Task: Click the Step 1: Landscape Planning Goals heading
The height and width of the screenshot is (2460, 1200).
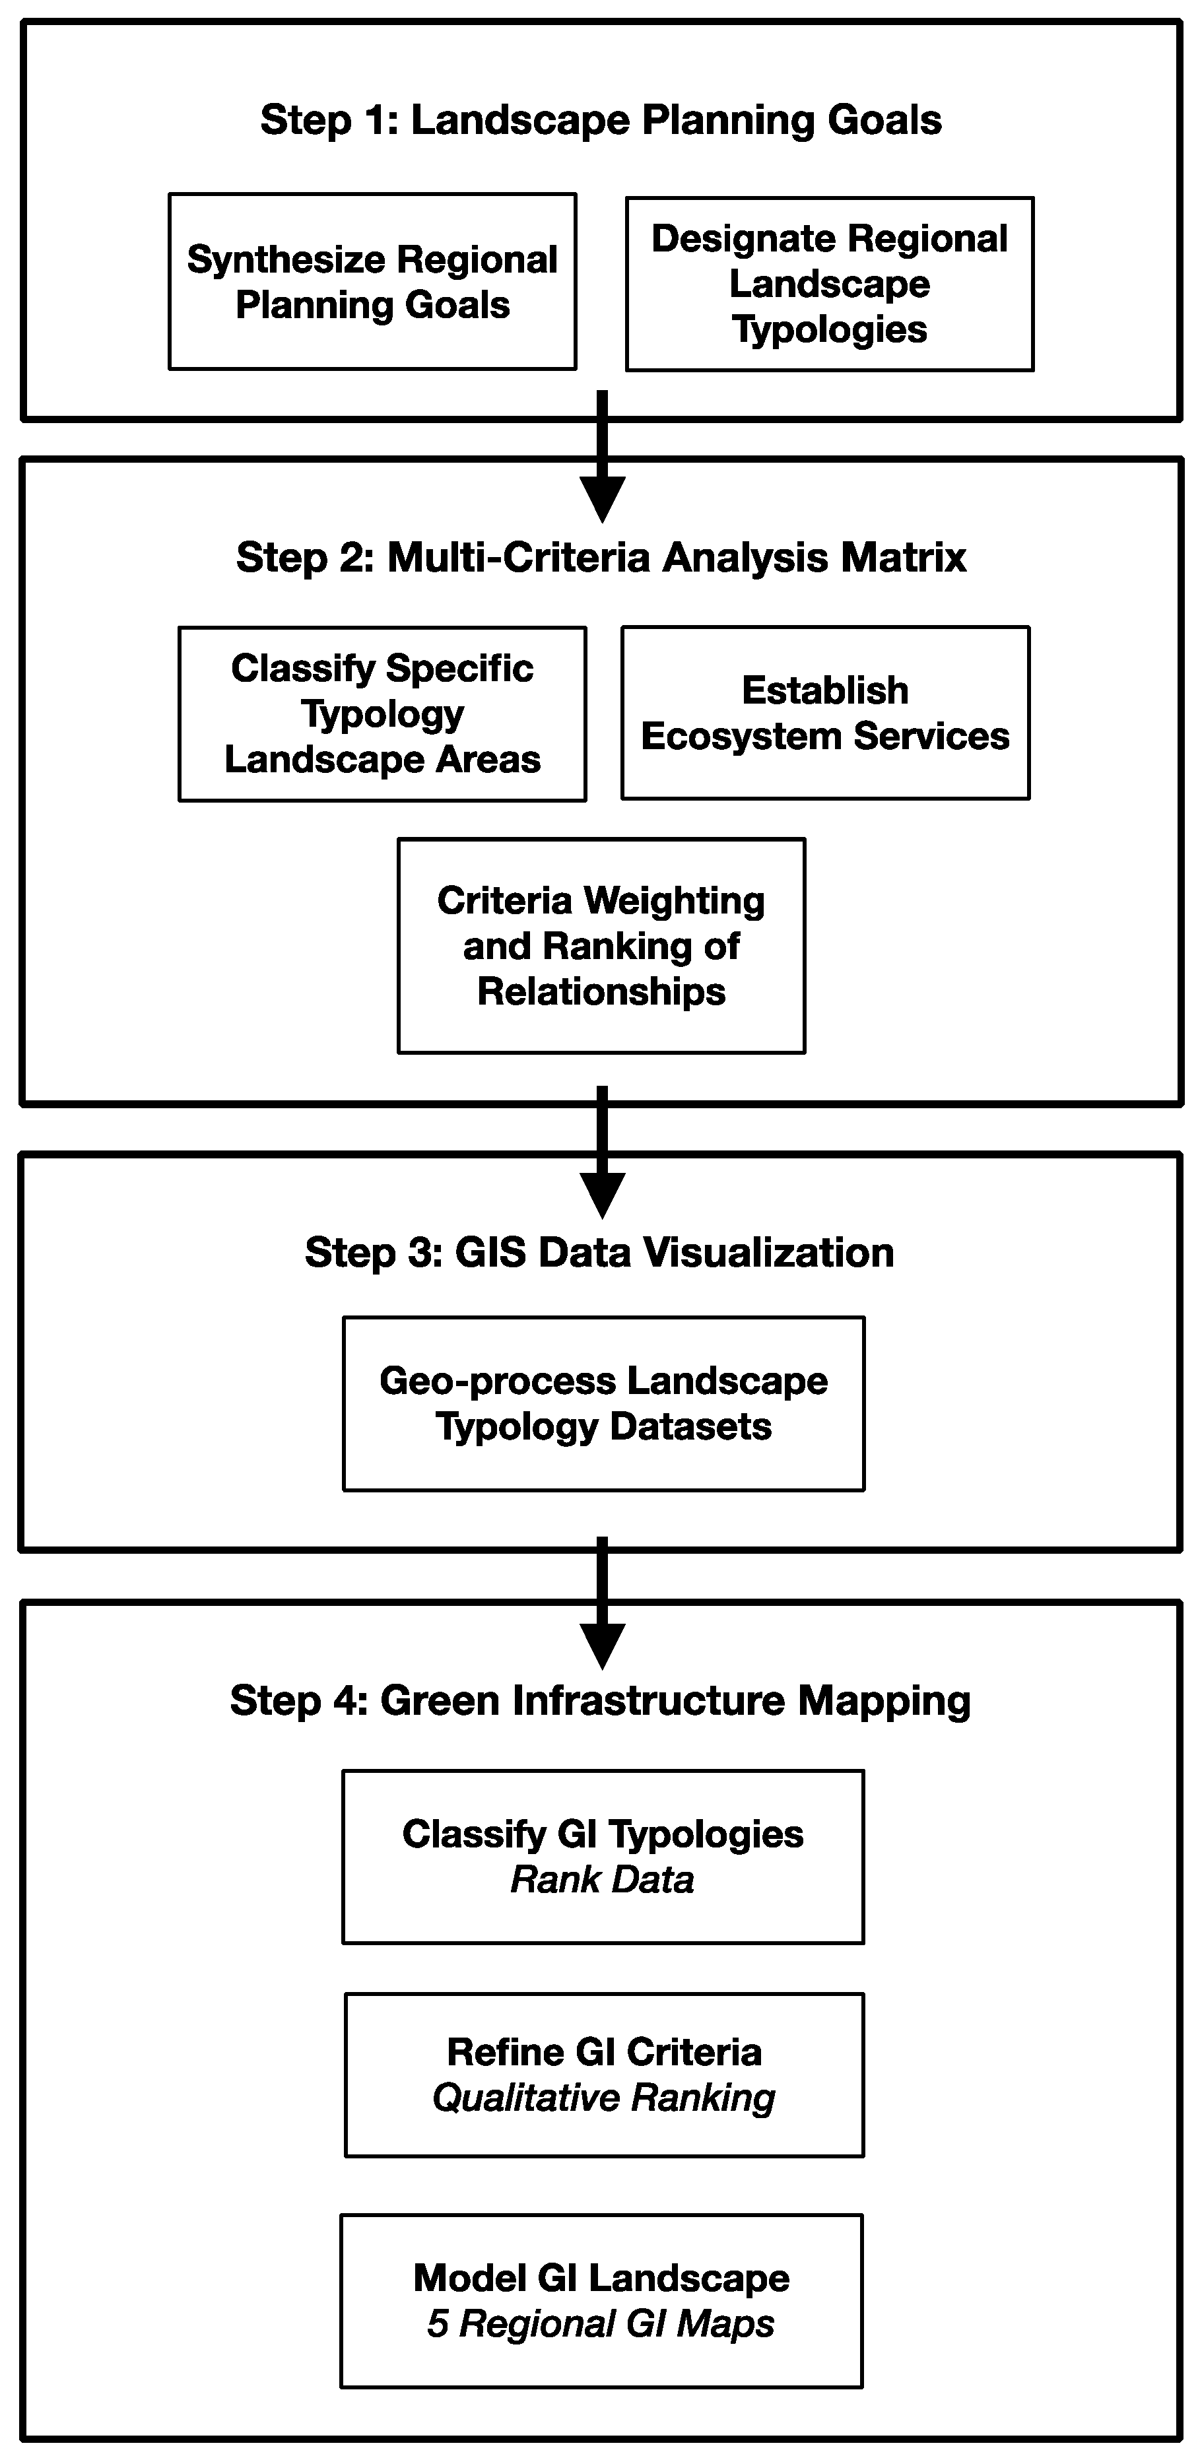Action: pyautogui.click(x=601, y=120)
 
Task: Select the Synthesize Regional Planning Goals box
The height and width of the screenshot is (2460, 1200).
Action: pyautogui.click(x=372, y=282)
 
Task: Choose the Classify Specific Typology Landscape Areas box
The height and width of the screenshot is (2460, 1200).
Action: pyautogui.click(x=382, y=714)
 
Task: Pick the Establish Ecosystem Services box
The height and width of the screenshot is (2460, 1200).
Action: pyautogui.click(x=825, y=712)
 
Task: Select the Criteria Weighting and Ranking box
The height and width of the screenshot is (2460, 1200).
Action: pyautogui.click(x=601, y=945)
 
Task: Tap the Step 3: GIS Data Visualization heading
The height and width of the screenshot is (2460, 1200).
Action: pyautogui.click(x=599, y=1253)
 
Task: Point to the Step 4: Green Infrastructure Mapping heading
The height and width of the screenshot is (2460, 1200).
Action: pyautogui.click(x=601, y=1701)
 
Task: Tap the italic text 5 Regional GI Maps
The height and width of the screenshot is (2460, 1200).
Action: pyautogui.click(x=601, y=2323)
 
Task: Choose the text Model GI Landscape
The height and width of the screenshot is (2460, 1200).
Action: pyautogui.click(x=601, y=2278)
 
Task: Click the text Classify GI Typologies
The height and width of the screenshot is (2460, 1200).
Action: pyautogui.click(x=603, y=1834)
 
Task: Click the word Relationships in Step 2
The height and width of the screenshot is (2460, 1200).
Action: pyautogui.click(x=601, y=991)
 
